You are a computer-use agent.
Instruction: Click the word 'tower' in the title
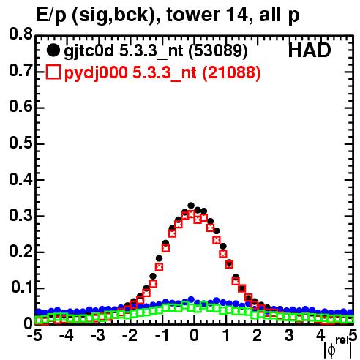pos(192,15)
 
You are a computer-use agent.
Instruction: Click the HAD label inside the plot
pos(310,50)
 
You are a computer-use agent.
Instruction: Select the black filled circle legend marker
pos(53,50)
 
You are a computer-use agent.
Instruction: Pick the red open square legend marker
pos(53,72)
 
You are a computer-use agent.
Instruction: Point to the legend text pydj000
pos(96,73)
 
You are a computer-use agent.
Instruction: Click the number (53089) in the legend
pos(218,51)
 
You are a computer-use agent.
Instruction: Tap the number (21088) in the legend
pos(232,72)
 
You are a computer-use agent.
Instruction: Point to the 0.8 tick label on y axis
pos(20,34)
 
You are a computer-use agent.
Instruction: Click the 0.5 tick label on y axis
pos(20,143)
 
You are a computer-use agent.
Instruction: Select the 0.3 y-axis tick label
pos(20,215)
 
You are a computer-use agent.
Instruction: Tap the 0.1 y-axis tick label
pos(22,287)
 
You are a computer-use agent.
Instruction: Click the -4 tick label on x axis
pos(67,335)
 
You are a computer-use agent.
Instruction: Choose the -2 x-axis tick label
pos(130,335)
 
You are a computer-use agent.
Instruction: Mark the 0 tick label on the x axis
pos(194,335)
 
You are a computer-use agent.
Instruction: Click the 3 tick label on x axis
pos(289,335)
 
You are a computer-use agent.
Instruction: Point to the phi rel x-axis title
pos(338,348)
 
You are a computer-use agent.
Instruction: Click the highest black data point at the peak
pos(191,206)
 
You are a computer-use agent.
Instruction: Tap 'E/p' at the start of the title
pos(50,15)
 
